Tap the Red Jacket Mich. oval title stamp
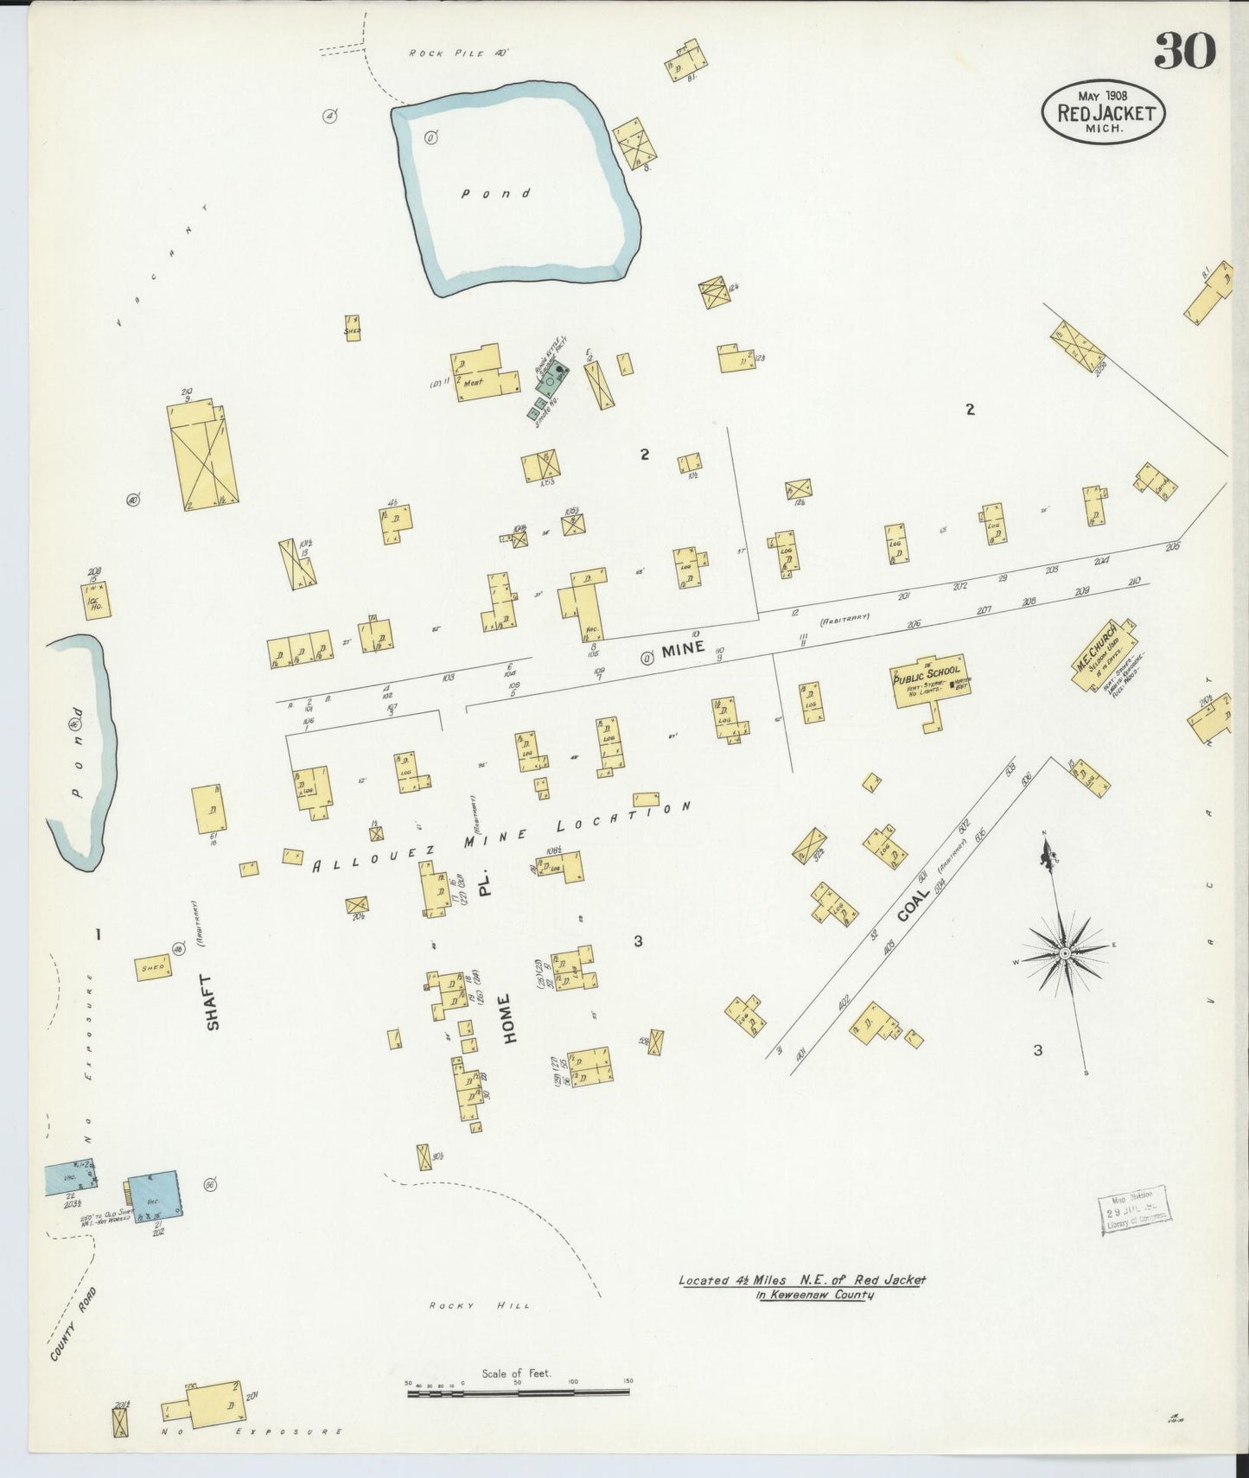click(1103, 111)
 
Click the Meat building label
click(473, 381)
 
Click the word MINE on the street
click(684, 647)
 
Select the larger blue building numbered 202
click(153, 1195)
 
